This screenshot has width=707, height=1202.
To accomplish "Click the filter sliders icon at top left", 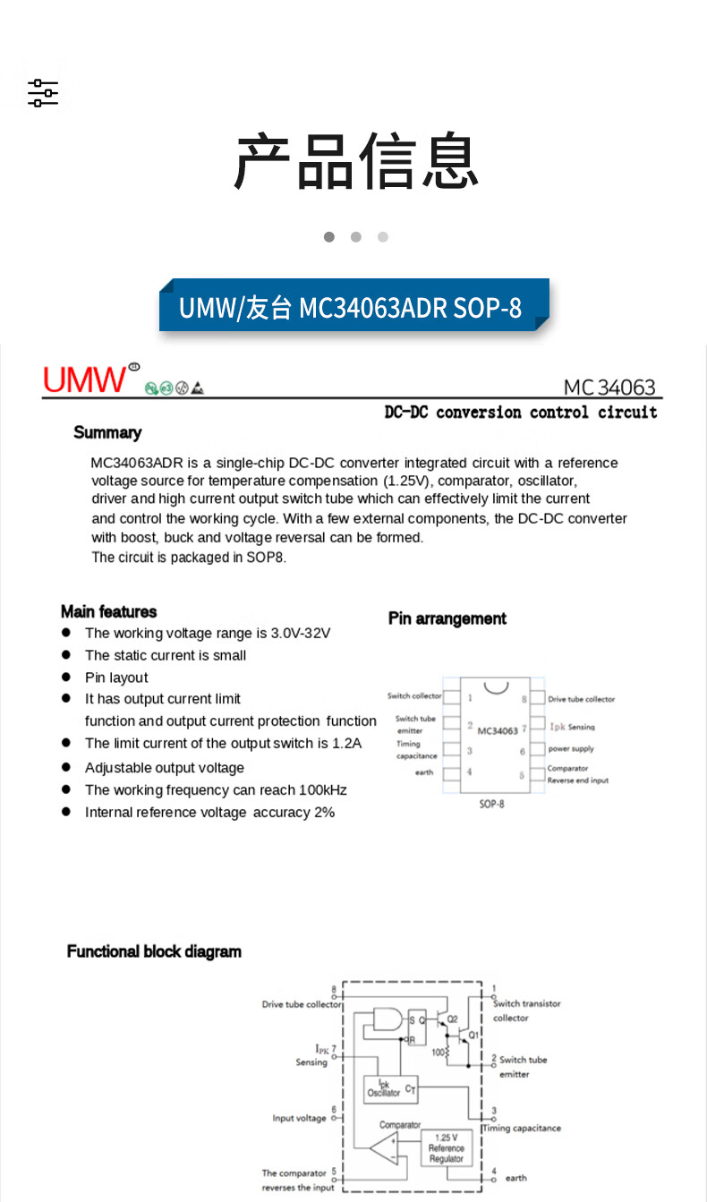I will click(42, 93).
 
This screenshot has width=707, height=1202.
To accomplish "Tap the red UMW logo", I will click(86, 379).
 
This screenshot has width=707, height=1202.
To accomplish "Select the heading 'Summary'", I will click(107, 433).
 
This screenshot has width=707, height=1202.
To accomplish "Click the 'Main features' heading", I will click(108, 612).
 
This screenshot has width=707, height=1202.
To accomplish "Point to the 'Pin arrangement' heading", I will click(447, 618).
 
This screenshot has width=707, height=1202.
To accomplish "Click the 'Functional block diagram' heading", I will click(154, 951).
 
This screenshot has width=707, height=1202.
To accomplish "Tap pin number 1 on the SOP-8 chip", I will click(470, 696).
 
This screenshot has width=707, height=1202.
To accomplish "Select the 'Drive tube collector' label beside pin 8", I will click(581, 699).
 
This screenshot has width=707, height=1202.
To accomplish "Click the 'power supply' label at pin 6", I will click(571, 749).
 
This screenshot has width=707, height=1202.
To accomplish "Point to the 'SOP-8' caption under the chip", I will click(491, 804).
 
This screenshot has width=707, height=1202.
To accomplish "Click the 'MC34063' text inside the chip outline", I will click(498, 730).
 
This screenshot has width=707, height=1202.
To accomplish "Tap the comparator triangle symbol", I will click(386, 1148).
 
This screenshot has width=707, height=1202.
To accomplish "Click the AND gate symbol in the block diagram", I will click(388, 1020).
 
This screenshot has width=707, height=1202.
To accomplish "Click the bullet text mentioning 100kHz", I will click(216, 790).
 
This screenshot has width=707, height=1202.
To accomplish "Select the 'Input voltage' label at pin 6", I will click(299, 1119).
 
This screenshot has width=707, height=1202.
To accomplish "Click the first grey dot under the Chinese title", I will click(329, 237).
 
